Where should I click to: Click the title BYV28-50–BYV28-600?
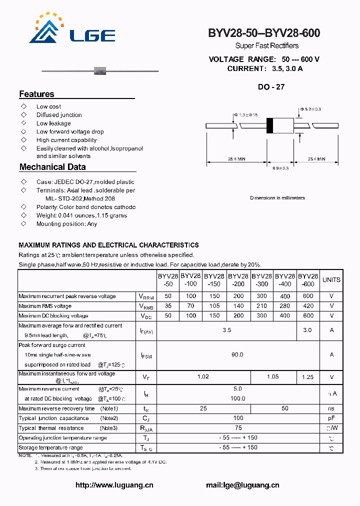(x=264, y=33)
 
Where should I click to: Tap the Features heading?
(x=36, y=94)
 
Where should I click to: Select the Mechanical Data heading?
(x=52, y=167)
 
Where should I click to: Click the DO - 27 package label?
(x=271, y=86)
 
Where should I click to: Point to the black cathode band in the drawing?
(x=270, y=125)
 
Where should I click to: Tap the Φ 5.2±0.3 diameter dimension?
(x=310, y=109)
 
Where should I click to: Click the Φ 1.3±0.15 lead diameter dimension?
(x=245, y=115)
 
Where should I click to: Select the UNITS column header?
(x=331, y=280)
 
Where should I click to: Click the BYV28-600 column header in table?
(x=308, y=280)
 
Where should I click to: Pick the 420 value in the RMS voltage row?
(x=308, y=306)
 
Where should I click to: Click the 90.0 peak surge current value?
(x=237, y=354)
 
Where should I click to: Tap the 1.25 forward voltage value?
(x=308, y=377)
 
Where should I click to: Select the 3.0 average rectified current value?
(x=308, y=330)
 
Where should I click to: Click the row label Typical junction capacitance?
(x=53, y=418)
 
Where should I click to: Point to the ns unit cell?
(x=331, y=408)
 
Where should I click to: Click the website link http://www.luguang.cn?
(x=114, y=485)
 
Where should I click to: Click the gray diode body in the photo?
(x=100, y=69)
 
